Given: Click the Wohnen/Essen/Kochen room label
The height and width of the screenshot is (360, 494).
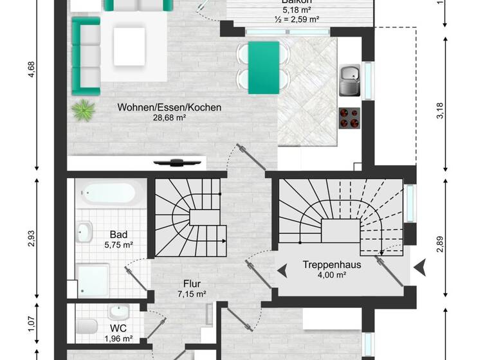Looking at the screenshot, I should [169, 107].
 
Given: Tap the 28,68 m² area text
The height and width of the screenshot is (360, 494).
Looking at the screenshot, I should [169, 118].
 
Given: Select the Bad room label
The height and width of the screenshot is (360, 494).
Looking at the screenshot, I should [117, 235].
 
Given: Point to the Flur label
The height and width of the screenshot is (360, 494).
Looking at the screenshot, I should [192, 283].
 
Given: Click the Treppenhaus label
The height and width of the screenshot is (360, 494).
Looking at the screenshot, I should [332, 264].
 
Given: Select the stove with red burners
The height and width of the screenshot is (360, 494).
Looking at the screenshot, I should [350, 117].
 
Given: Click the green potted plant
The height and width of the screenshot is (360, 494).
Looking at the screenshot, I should [83, 110].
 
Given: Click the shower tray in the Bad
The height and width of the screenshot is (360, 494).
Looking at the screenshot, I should [95, 281].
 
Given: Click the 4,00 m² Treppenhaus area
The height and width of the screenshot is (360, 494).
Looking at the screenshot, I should [332, 274].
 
